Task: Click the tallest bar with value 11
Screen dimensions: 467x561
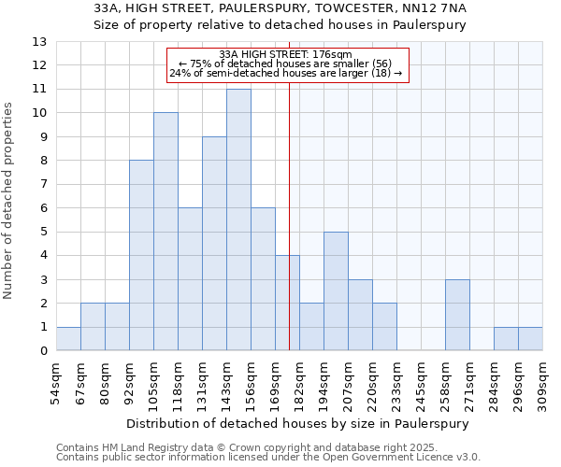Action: [x=238, y=219]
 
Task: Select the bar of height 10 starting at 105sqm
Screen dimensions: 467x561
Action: [x=165, y=232]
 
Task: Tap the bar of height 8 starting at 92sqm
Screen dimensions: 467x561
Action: [x=141, y=255]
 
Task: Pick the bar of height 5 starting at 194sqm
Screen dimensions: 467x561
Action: [x=336, y=291]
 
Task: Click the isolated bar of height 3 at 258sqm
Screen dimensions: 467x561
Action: [x=457, y=315]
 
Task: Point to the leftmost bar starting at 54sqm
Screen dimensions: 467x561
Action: [x=68, y=339]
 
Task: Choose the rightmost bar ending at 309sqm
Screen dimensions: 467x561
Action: [x=530, y=339]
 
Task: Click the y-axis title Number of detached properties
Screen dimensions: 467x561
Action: [x=9, y=201]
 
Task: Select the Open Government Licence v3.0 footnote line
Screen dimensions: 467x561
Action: [x=268, y=458]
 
